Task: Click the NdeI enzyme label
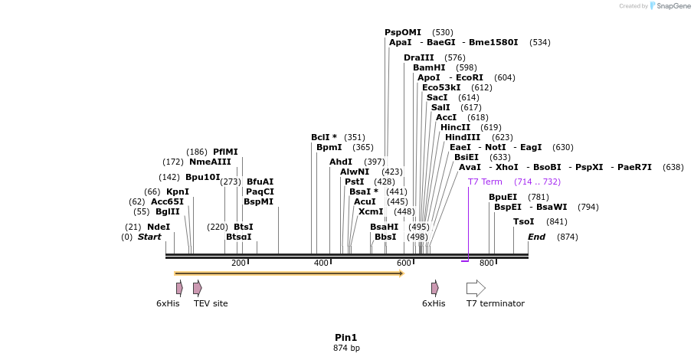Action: click(159, 227)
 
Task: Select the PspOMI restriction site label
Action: click(403, 32)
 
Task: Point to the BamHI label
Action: click(429, 67)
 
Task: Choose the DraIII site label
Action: click(419, 57)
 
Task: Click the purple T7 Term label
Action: click(485, 182)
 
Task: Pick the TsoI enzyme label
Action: click(524, 221)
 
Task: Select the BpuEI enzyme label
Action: click(502, 197)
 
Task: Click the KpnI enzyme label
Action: click(178, 191)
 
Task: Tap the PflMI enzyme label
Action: click(225, 152)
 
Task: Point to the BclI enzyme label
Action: click(321, 137)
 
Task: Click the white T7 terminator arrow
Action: click(476, 288)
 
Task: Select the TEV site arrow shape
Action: click(198, 288)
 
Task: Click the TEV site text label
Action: click(211, 303)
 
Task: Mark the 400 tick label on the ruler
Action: click(321, 263)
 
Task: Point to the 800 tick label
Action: click(486, 263)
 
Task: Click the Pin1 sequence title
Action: click(346, 337)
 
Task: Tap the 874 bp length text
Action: click(346, 348)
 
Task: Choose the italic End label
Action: click(536, 237)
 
